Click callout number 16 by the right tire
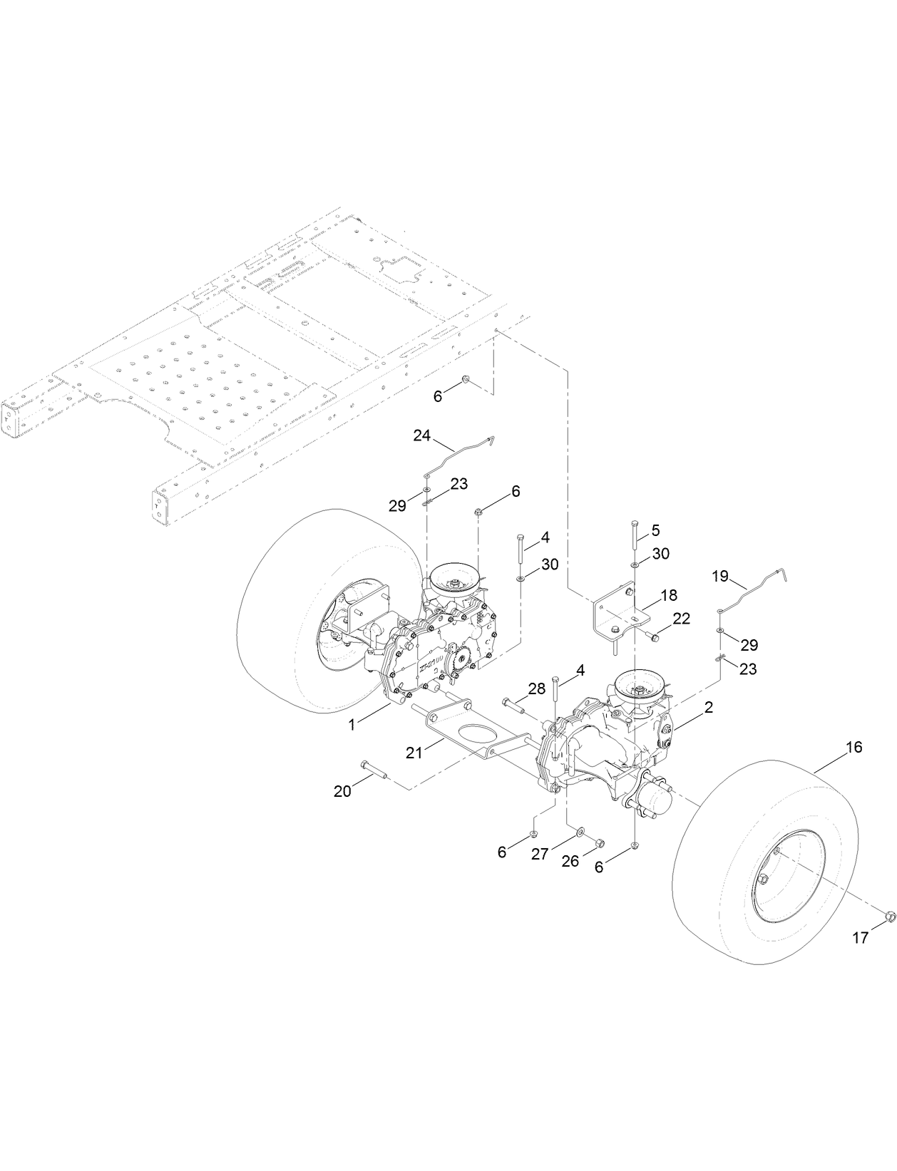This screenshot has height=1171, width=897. click(x=854, y=747)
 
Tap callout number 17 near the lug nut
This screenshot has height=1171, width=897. click(x=861, y=938)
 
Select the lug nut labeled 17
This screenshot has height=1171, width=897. click(x=889, y=916)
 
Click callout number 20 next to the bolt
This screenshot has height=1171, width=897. click(x=343, y=790)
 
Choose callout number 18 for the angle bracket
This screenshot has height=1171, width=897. click(x=669, y=595)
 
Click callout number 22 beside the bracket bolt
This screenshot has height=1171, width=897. click(x=682, y=619)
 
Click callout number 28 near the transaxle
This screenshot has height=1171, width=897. click(x=536, y=688)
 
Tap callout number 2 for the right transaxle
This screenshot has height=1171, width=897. click(x=689, y=708)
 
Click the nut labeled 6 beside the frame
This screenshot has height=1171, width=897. click(x=464, y=379)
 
